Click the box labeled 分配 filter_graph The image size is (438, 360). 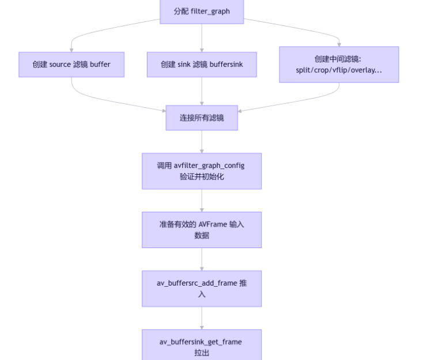click(201, 12)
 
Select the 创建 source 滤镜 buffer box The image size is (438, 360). click(71, 65)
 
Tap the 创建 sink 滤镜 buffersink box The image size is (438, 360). click(202, 65)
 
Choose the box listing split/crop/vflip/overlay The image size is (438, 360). click(339, 65)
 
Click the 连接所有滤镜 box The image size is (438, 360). click(202, 118)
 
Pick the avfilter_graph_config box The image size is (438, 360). click(202, 171)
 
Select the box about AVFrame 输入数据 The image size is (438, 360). click(202, 230)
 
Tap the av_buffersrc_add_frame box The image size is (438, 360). click(202, 288)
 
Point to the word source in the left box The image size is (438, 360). click(60, 65)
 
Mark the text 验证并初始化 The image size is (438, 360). click(202, 177)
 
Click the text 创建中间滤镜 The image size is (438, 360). click(338, 59)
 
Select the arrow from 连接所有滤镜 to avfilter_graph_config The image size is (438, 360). click(202, 142)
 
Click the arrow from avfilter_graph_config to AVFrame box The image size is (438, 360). click(202, 201)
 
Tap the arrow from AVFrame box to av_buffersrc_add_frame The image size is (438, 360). click(202, 260)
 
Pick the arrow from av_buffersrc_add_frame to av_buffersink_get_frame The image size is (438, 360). click(202, 318)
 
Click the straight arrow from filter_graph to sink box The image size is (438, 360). click(202, 38)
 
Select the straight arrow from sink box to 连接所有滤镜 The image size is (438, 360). click(202, 91)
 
